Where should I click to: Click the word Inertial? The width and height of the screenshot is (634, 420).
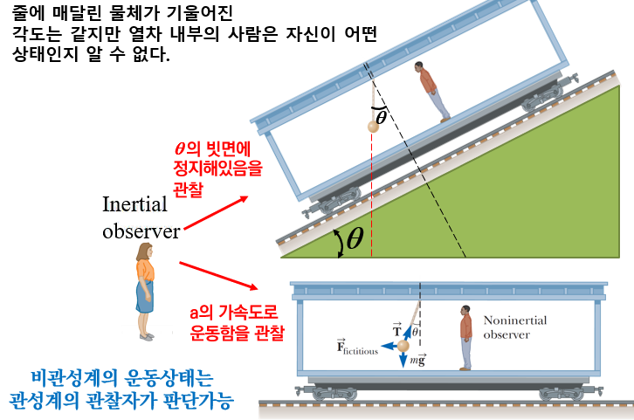tap(136, 205)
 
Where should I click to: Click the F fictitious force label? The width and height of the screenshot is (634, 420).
tap(357, 348)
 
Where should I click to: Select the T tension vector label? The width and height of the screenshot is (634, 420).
tap(397, 330)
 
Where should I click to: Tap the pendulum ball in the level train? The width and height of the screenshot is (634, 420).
tap(403, 348)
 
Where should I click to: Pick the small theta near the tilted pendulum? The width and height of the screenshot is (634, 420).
tap(381, 114)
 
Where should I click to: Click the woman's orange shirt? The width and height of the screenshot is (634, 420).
tap(144, 269)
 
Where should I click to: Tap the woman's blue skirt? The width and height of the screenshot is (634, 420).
tap(145, 298)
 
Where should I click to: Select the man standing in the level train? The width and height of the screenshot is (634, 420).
tap(465, 335)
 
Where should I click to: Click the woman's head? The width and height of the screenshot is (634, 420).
tap(143, 251)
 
